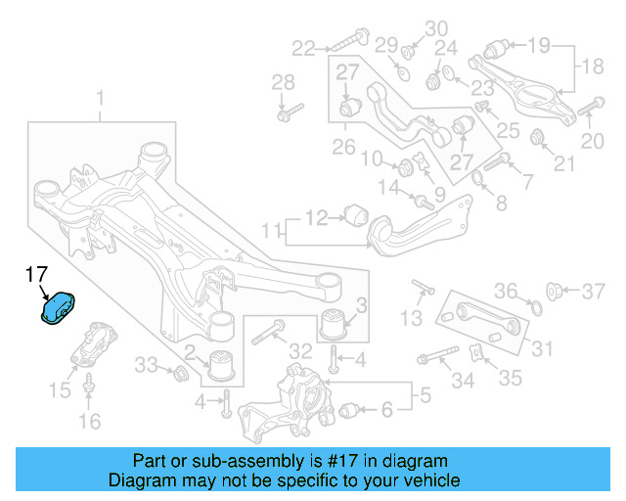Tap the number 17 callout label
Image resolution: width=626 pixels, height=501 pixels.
coord(36,276)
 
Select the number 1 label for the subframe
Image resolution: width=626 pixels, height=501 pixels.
coord(100,98)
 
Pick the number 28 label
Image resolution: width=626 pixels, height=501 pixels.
coord(283,81)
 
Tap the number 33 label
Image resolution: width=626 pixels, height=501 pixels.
coord(146,365)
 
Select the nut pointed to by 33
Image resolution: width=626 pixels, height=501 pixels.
coord(179,374)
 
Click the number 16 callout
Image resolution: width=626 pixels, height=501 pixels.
coord(89,422)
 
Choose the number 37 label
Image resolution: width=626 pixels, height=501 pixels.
coord(594,291)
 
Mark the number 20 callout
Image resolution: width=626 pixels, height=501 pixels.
coord(593,141)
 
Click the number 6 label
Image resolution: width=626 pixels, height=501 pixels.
coord(386,409)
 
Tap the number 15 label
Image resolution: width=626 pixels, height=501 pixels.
coord(60,390)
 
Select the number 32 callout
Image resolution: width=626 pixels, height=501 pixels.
coord(300,351)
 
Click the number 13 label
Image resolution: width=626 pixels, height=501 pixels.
coord(412,318)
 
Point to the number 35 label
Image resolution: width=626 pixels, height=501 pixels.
coord(511,379)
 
